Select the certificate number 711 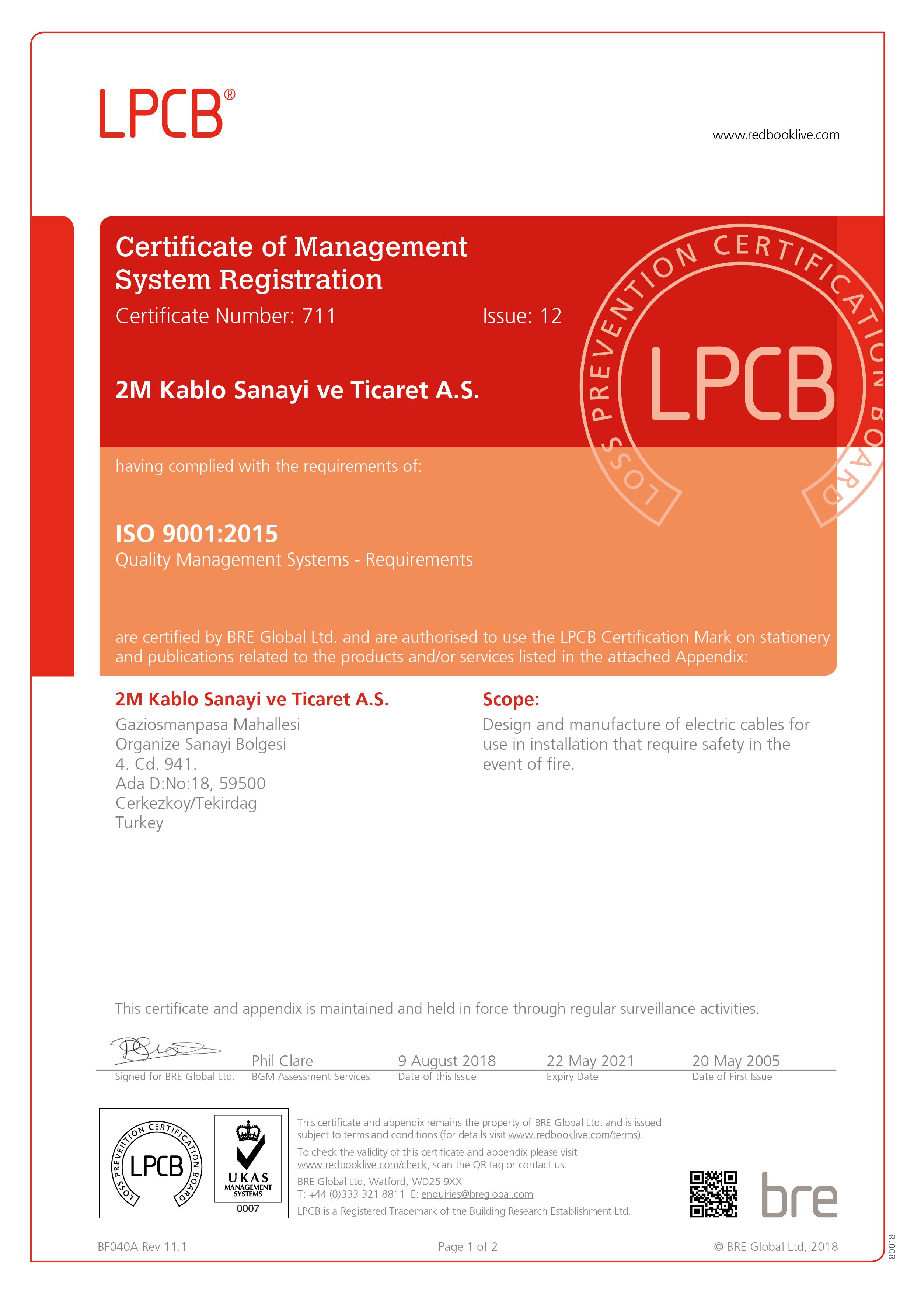(x=319, y=316)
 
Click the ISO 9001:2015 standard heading (x=196, y=534)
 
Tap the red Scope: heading (x=511, y=700)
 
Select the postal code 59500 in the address (x=242, y=783)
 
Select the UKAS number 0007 (x=248, y=1208)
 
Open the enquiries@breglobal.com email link (x=477, y=1194)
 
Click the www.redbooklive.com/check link (x=363, y=1165)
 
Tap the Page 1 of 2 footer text (x=467, y=1247)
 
